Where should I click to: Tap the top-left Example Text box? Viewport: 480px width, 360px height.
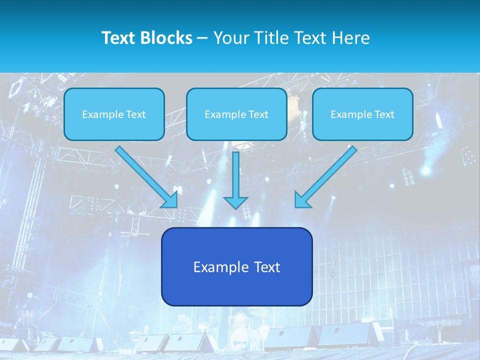point(114,114)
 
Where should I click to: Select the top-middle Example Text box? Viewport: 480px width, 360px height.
point(236,114)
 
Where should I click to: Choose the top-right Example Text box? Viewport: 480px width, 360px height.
point(362,114)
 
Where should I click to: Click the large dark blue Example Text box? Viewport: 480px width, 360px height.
point(236,266)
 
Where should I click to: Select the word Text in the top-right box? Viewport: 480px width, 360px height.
point(384,114)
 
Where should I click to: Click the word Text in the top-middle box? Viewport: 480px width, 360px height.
point(258,114)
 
